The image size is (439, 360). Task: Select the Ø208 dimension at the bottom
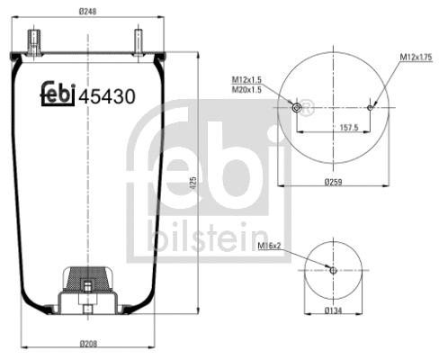click(88, 343)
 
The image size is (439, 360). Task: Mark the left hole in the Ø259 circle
click(298, 108)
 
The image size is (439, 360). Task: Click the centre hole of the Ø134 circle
click(332, 270)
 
